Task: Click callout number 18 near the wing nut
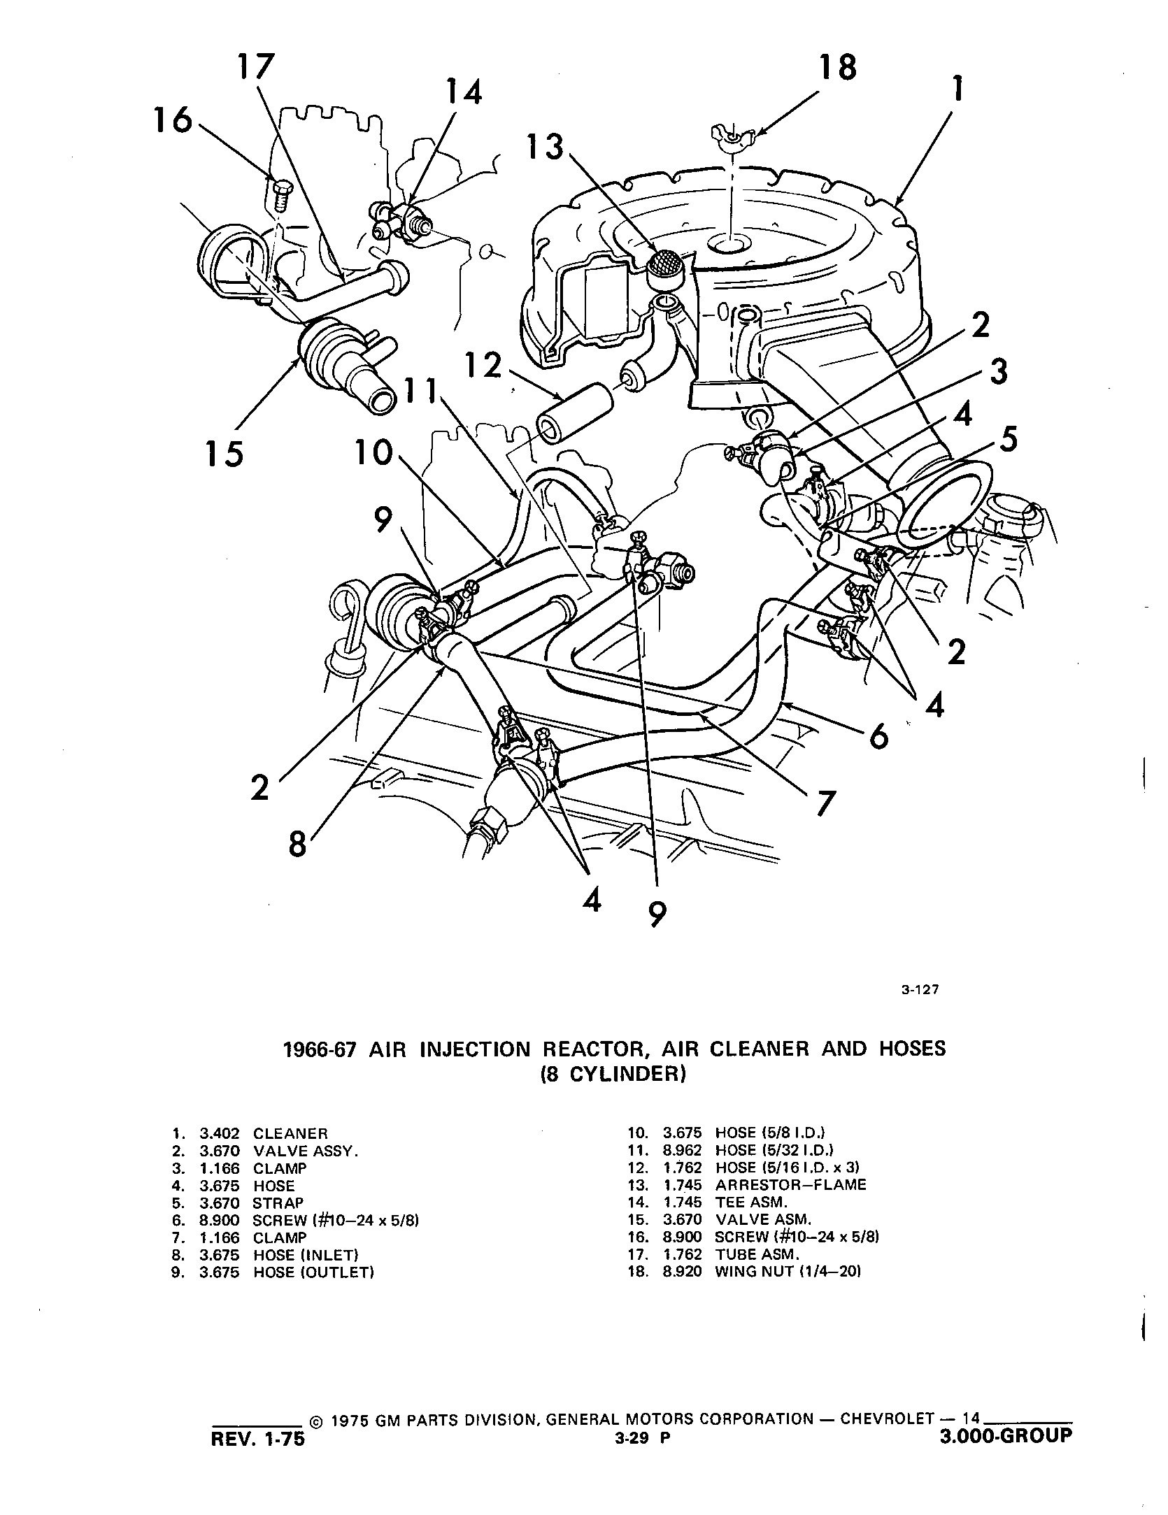[x=837, y=69]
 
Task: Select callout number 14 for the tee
[x=464, y=92]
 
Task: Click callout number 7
[x=825, y=805]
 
